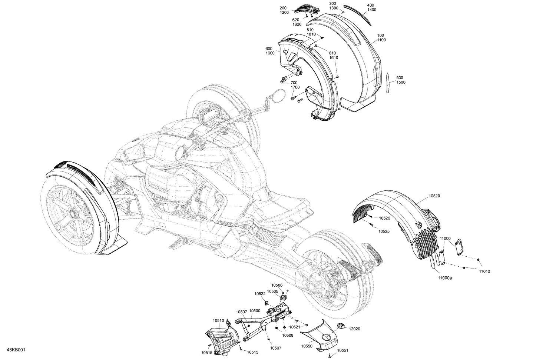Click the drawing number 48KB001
pos(15,350)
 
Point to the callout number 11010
pos(484,271)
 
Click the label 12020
pos(355,329)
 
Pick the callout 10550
pos(307,345)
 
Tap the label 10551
pos(343,350)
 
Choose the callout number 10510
pos(218,320)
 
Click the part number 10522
pos(260,293)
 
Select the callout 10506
pos(277,285)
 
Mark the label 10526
pos(384,218)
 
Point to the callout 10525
pos(384,231)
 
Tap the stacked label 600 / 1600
pos(270,51)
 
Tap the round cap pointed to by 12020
pos(341,326)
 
